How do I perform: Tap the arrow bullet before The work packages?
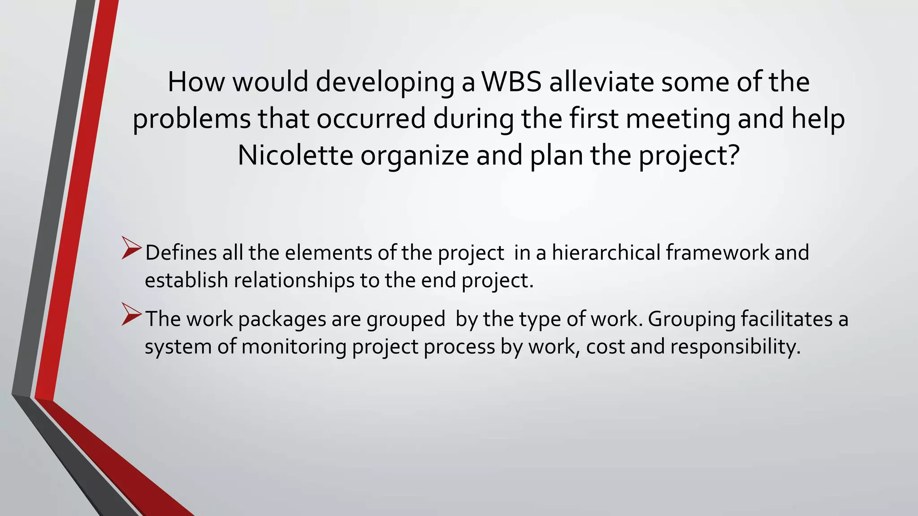pyautogui.click(x=131, y=314)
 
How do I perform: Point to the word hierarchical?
pyautogui.click(x=606, y=253)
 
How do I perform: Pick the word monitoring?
pyautogui.click(x=294, y=348)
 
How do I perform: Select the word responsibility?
pyautogui.click(x=735, y=348)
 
